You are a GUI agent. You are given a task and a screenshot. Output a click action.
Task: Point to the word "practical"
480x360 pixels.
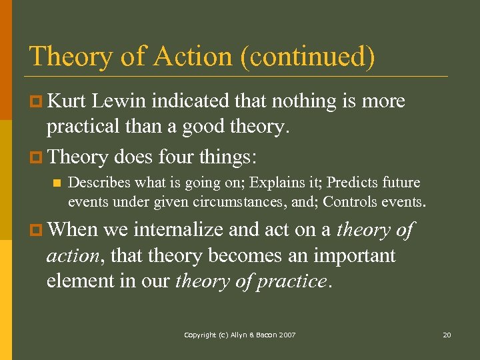(85, 127)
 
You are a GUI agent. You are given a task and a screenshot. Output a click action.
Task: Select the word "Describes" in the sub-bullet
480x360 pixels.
(98, 183)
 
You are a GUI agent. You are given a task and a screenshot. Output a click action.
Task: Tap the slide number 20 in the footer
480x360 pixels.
(447, 335)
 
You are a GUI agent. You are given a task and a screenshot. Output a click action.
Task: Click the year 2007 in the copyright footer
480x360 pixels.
(287, 335)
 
